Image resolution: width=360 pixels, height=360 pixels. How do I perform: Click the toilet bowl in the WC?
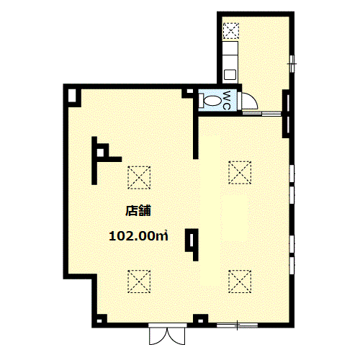coord(212,100)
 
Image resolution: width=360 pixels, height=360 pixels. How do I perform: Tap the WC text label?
coord(227,100)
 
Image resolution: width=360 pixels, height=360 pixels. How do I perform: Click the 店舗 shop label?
coord(138,211)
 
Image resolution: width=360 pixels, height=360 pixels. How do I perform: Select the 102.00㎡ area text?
coord(138,236)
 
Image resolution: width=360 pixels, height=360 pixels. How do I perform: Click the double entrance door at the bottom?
coord(167,334)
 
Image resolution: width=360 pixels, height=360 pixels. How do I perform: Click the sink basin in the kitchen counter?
coord(230,74)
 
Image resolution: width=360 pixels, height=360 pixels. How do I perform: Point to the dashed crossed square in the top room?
coord(231,31)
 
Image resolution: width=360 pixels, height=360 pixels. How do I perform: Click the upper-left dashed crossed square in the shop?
coord(139,178)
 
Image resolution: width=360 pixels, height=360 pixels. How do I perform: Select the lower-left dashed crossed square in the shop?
coord(139,282)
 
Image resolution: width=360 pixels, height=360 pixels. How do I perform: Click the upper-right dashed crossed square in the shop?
coord(240,173)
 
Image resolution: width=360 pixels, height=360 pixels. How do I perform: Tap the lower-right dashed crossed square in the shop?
coord(240,282)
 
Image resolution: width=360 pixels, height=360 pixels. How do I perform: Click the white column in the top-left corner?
coord(72,96)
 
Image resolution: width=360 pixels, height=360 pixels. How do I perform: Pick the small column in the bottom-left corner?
coord(99,321)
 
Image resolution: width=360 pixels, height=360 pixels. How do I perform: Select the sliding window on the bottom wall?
coord(237,325)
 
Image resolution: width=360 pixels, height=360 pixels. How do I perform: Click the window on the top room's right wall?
coord(292,63)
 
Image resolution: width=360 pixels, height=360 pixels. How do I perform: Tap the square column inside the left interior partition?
coord(100,152)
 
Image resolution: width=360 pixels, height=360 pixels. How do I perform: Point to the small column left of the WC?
coord(189,91)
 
